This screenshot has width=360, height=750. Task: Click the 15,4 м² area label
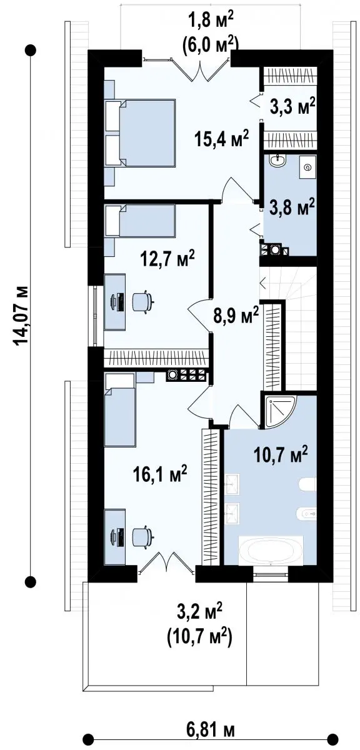222,139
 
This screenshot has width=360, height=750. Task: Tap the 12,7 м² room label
168,259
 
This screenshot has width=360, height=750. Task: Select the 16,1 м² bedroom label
160,474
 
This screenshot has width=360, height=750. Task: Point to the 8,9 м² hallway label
236,315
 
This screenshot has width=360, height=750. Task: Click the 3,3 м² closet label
292,106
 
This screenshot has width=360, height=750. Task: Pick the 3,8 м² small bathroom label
292,207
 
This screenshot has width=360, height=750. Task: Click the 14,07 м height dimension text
19,315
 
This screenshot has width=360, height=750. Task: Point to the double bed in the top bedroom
141,132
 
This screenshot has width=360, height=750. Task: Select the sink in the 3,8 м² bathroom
278,161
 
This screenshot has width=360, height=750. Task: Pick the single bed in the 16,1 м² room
120,410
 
